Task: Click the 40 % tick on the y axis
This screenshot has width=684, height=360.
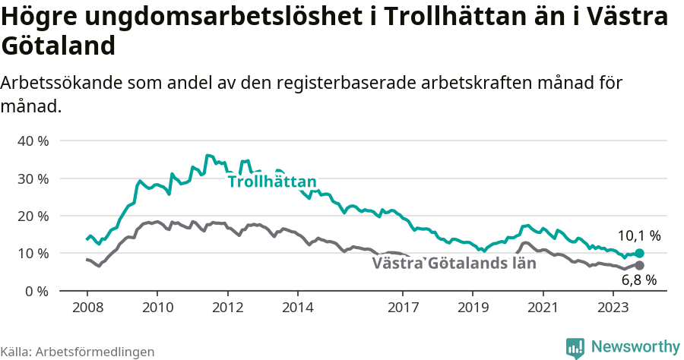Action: tap(33, 141)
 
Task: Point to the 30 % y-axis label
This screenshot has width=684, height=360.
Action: tap(33, 178)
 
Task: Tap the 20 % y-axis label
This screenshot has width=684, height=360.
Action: tap(33, 216)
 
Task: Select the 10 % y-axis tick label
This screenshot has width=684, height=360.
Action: tap(33, 253)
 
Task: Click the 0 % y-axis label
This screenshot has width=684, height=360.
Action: tap(36, 291)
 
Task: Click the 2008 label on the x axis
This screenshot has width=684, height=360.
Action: tap(87, 308)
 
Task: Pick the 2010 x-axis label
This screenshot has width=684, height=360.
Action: tap(157, 308)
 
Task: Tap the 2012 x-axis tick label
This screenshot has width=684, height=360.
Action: tap(227, 308)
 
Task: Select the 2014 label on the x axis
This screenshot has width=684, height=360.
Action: tap(297, 308)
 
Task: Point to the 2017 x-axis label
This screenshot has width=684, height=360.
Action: tap(403, 308)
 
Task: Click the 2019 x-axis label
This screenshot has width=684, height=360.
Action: tap(473, 308)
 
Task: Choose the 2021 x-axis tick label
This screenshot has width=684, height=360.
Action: tap(543, 308)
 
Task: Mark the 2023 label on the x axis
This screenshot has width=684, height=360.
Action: tap(613, 308)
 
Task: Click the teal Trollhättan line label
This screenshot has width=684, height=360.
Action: tap(272, 182)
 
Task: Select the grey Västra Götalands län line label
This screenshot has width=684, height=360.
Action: tap(454, 264)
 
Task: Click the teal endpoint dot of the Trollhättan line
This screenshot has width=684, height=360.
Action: tap(639, 254)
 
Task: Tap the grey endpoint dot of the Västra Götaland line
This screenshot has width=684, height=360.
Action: tap(639, 266)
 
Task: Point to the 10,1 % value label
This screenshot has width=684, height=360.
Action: tap(639, 235)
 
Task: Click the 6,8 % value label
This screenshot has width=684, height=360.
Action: tap(639, 280)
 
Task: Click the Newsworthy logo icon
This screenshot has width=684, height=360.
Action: tap(575, 347)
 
